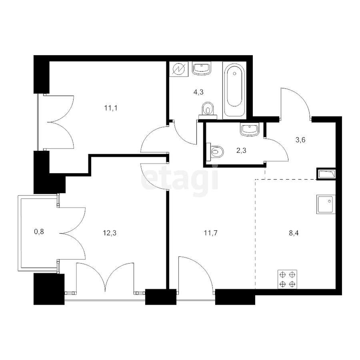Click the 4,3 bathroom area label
(x=198, y=92)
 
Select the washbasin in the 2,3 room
(x=250, y=129)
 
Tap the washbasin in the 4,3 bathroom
(x=202, y=69)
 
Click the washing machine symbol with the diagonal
(x=177, y=70)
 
